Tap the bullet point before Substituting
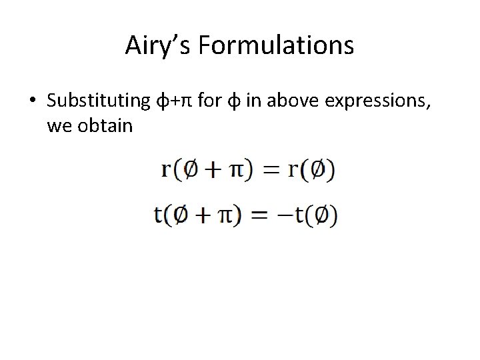click(31, 101)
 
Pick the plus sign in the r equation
click(212, 169)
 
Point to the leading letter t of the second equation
click(159, 215)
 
